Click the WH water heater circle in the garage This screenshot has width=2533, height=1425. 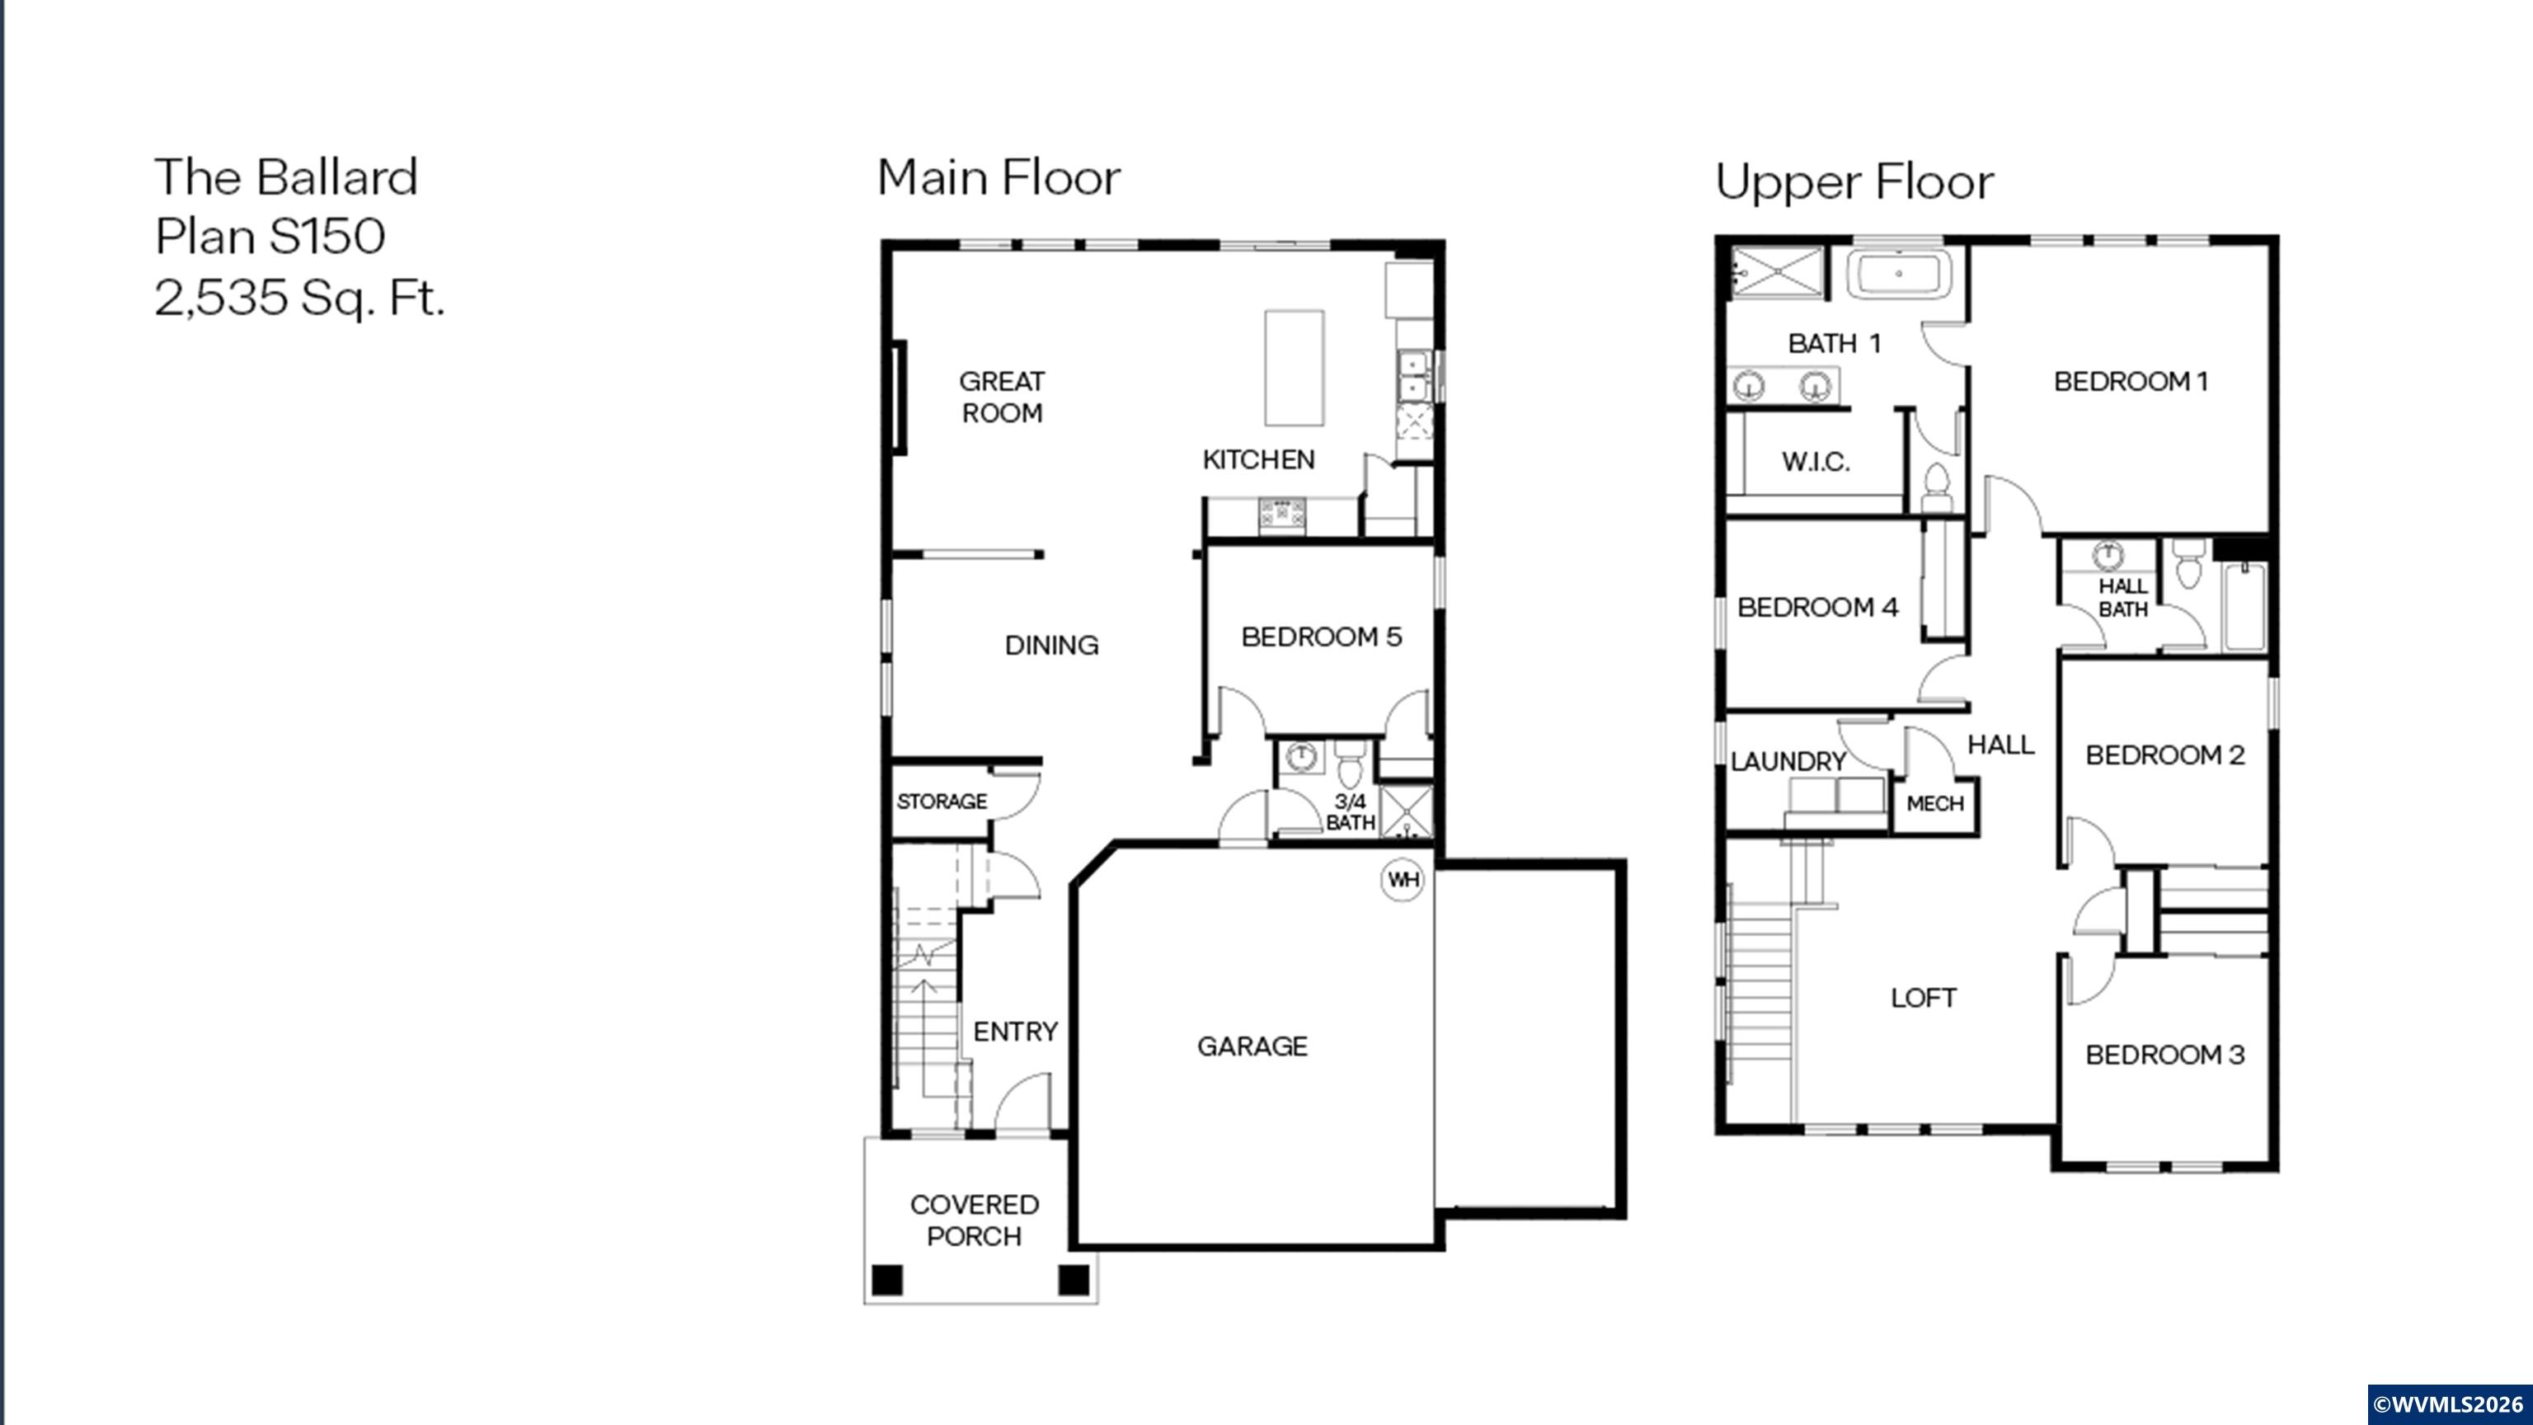[x=1403, y=879]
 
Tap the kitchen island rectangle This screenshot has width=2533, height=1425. [x=1293, y=367]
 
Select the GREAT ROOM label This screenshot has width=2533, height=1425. [x=1001, y=397]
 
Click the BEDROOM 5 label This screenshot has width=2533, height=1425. [x=1321, y=637]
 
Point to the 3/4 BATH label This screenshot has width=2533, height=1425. [x=1349, y=812]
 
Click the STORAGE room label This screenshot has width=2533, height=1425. [x=941, y=802]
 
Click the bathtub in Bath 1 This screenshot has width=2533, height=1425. [x=1898, y=274]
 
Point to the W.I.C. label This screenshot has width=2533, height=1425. [x=1815, y=461]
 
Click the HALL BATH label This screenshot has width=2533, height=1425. [x=2122, y=598]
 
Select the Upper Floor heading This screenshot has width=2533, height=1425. [x=1854, y=182]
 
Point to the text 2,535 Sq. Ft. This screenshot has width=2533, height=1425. [x=300, y=297]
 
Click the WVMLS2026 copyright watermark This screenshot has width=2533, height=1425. [x=2447, y=1404]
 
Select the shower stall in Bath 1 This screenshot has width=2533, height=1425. [x=1776, y=270]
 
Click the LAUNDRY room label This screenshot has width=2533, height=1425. [x=1787, y=761]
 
